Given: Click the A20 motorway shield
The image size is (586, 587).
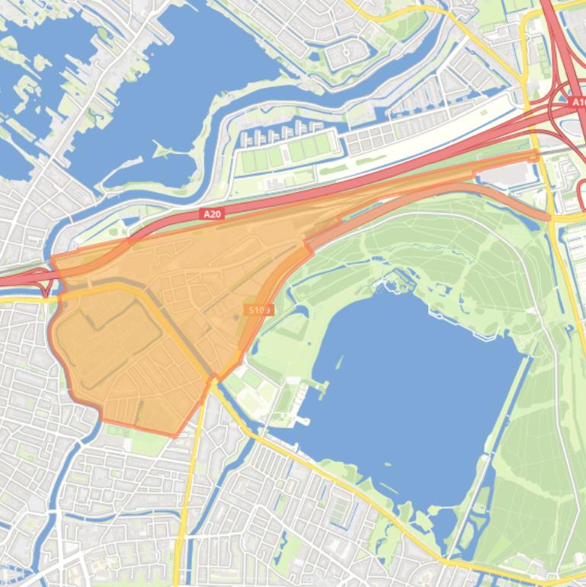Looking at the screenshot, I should [x=212, y=214].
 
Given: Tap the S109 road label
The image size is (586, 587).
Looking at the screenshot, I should [x=259, y=310].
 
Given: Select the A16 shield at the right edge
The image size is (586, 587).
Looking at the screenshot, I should [x=577, y=101].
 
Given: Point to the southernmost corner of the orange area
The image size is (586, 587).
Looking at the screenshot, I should [x=175, y=436].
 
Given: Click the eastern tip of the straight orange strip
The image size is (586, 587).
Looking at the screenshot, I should [x=536, y=156].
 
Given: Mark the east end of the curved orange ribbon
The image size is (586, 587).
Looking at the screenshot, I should [x=546, y=218].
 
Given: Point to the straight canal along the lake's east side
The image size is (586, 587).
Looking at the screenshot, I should [x=503, y=427].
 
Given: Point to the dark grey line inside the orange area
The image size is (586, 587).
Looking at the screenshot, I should [x=171, y=320].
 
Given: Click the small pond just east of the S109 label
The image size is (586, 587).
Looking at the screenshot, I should [x=294, y=312].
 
